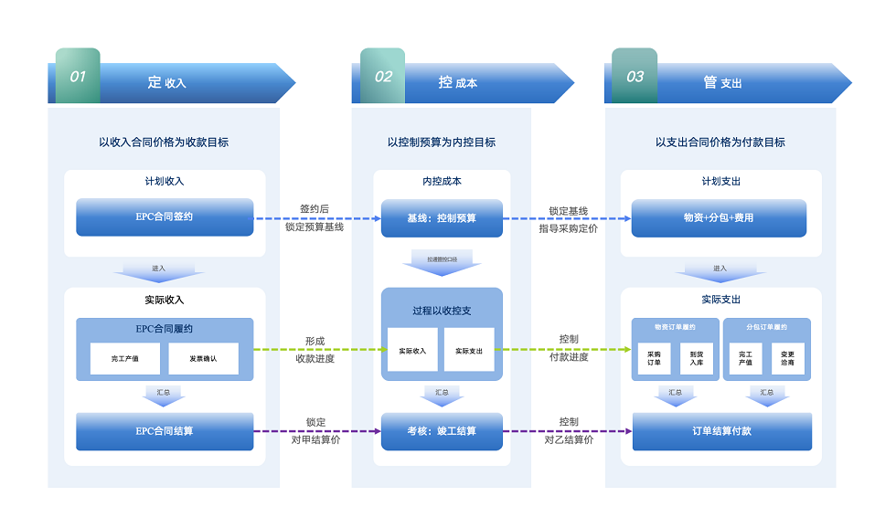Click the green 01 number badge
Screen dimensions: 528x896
click(78, 76)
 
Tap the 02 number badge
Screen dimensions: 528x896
click(382, 76)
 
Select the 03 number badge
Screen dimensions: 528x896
click(635, 76)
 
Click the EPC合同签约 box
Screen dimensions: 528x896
click(165, 217)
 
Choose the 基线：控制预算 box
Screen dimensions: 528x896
click(442, 218)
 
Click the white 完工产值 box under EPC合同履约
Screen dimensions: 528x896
click(124, 359)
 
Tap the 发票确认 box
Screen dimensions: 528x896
click(203, 359)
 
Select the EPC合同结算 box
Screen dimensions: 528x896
click(165, 431)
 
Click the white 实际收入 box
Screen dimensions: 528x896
click(412, 350)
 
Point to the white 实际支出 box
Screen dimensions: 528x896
click(469, 350)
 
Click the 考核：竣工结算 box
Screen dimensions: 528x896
click(442, 431)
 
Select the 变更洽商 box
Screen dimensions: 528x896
click(787, 358)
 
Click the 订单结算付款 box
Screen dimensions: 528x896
click(721, 431)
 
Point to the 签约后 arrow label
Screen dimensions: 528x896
click(315, 210)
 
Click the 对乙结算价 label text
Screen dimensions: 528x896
click(569, 439)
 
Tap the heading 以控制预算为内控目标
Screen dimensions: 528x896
click(442, 143)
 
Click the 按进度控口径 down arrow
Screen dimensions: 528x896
click(442, 264)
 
